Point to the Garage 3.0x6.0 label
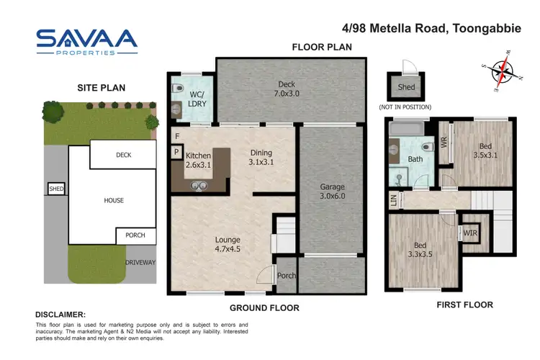333,191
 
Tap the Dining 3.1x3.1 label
262,157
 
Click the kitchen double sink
199,185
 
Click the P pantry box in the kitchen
175,152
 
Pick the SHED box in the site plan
56,189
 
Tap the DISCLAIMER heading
60,315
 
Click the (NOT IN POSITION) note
405,107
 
